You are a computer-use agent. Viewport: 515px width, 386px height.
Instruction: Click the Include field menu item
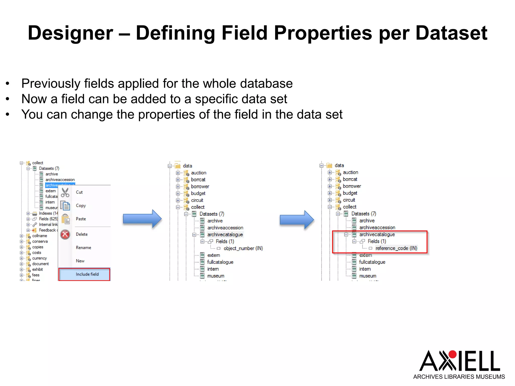tap(87, 274)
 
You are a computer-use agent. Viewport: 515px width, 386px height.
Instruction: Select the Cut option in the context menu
tap(79, 192)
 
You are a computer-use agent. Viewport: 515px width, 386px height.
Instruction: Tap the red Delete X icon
tap(65, 234)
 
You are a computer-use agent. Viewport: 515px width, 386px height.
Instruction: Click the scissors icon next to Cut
tap(65, 193)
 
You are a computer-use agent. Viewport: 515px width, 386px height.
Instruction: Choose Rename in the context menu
tap(83, 248)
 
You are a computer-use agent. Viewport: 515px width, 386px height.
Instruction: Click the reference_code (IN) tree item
tap(396, 248)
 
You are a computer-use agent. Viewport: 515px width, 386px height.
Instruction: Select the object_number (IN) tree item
tap(243, 248)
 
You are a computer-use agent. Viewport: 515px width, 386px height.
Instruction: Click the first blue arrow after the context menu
tap(142, 219)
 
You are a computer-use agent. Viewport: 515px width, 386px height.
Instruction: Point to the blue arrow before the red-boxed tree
tap(297, 220)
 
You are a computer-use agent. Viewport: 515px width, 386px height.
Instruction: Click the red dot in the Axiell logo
tap(452, 354)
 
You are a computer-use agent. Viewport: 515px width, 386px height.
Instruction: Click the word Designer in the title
tap(71, 33)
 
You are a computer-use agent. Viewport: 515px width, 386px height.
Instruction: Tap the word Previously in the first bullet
tap(51, 83)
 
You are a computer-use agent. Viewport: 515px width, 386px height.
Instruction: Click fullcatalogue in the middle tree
tap(220, 262)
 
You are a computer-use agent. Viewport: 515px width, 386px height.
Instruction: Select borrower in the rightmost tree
tap(352, 186)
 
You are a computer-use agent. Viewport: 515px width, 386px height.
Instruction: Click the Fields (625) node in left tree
tap(48, 219)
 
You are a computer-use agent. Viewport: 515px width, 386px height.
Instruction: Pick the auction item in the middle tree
tap(198, 173)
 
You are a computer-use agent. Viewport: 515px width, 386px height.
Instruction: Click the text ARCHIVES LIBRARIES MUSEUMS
tap(459, 377)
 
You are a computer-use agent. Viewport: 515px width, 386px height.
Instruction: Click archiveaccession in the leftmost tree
tap(60, 180)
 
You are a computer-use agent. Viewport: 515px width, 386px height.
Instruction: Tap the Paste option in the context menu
tap(81, 219)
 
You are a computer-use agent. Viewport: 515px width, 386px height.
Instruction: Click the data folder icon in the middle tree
tap(178, 166)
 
